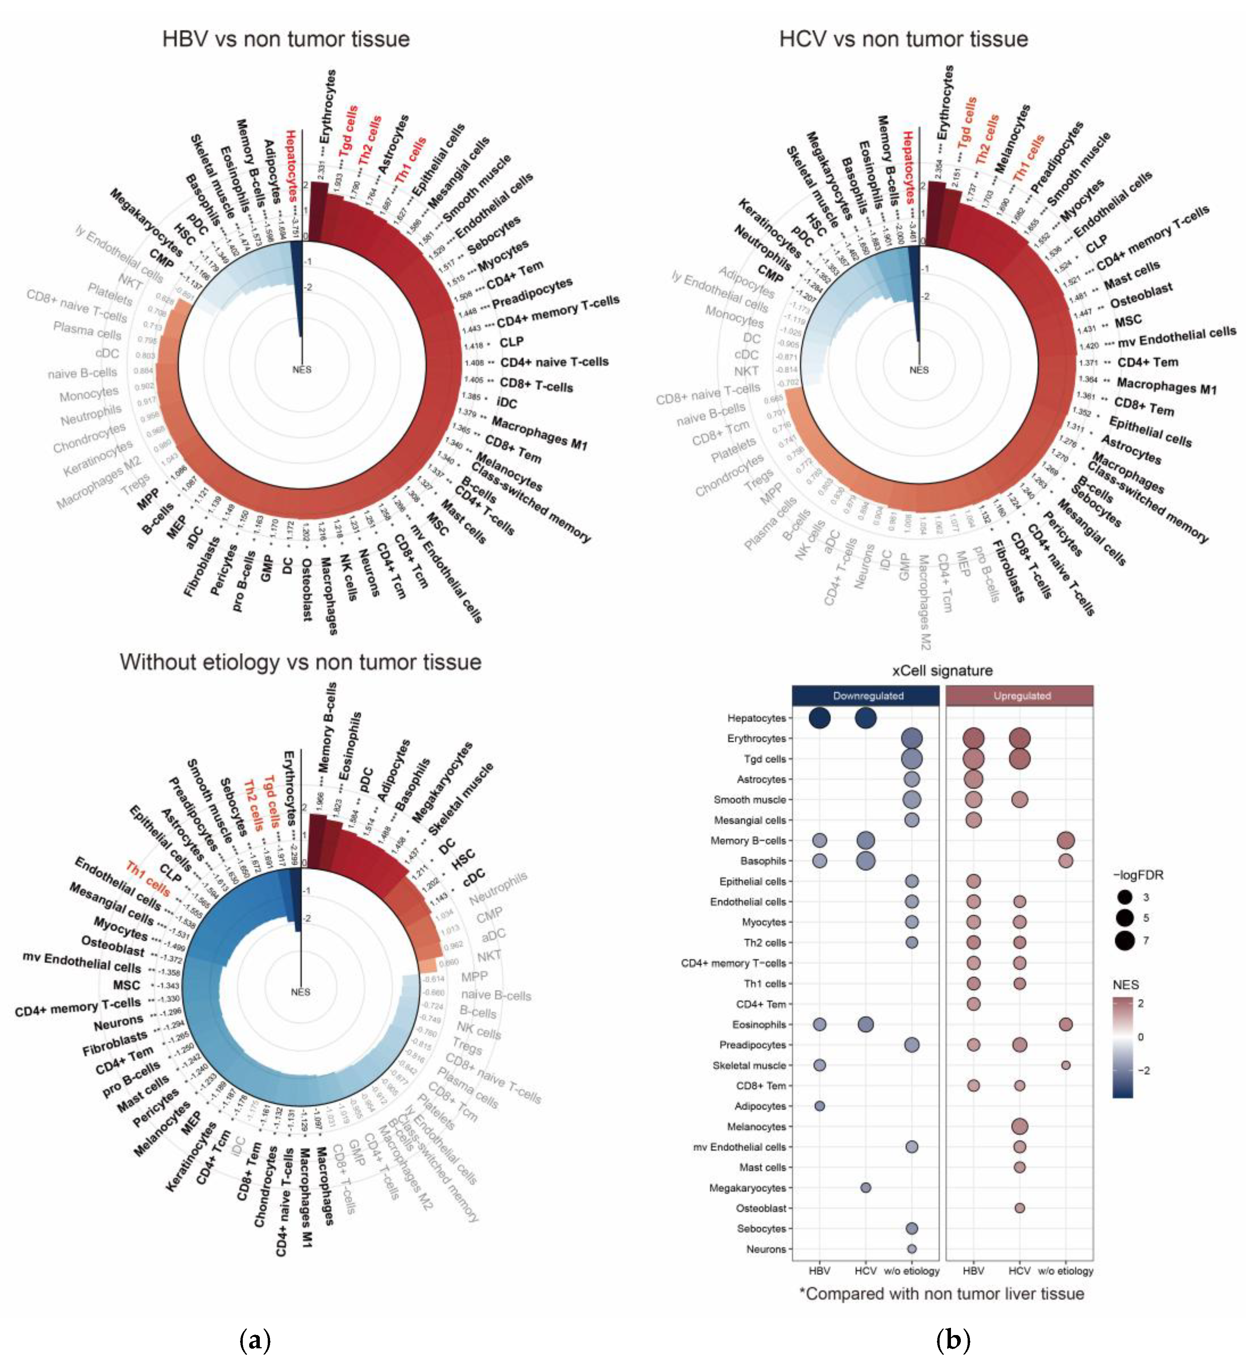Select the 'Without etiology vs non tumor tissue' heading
(300, 661)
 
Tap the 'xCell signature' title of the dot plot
(942, 671)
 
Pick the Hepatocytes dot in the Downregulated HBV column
(819, 718)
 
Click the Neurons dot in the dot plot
(912, 1249)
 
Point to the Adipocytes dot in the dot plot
(819, 1106)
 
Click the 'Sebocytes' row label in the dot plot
(761, 1228)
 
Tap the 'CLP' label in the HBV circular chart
(511, 342)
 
